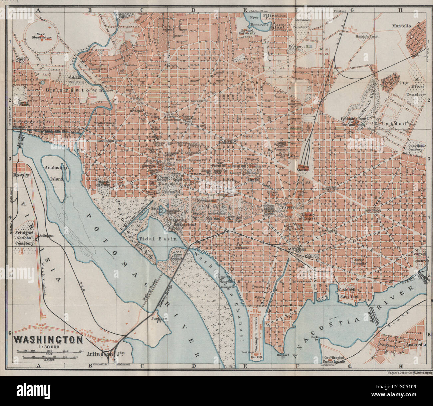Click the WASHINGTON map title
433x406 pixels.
tap(48, 339)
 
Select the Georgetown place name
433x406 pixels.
tap(71, 90)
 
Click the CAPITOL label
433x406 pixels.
tap(289, 208)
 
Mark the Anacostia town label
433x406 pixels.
tap(416, 345)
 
